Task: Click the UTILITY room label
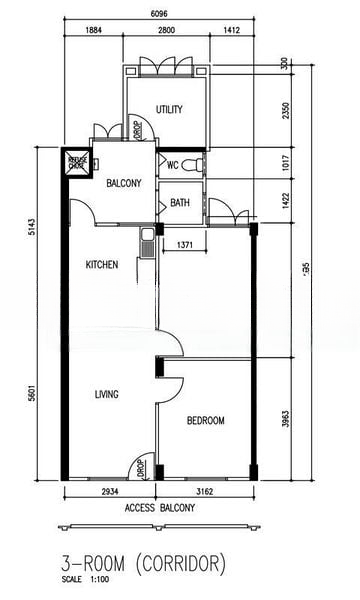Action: click(x=168, y=109)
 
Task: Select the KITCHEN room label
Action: click(x=102, y=265)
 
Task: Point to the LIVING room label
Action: click(x=106, y=394)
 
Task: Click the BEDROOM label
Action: click(x=206, y=421)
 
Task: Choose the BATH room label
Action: click(x=180, y=203)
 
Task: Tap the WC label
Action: click(x=172, y=165)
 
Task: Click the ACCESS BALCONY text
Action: click(x=159, y=508)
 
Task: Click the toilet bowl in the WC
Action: click(x=197, y=164)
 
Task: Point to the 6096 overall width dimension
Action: click(x=159, y=13)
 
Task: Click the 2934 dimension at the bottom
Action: click(x=110, y=493)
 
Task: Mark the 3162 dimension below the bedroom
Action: click(x=205, y=493)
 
